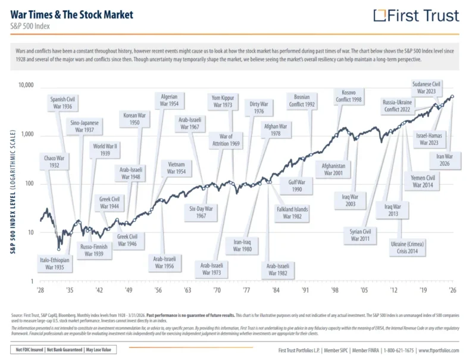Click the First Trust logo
click(x=416, y=15)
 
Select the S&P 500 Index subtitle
click(x=30, y=26)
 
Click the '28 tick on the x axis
click(x=40, y=290)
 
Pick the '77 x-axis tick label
click(x=246, y=290)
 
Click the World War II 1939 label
click(x=104, y=150)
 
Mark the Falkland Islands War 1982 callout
click(x=292, y=213)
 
